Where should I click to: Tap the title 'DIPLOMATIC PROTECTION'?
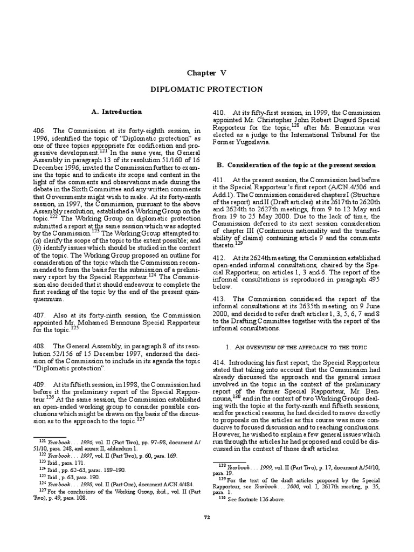(x=207, y=89)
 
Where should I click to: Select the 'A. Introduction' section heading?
(x=117, y=112)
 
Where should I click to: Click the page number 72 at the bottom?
(x=207, y=532)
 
